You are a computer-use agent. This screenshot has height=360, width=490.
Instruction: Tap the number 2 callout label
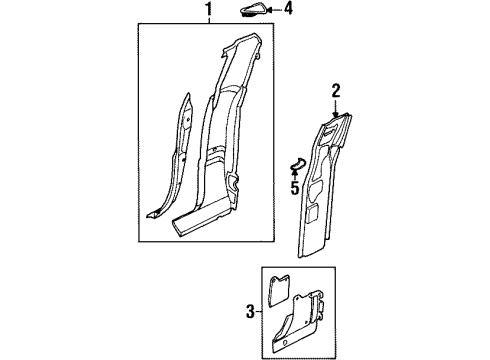click(337, 91)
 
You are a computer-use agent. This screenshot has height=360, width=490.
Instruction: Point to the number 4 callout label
click(289, 11)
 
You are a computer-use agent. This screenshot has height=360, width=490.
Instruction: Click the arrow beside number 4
click(275, 11)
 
